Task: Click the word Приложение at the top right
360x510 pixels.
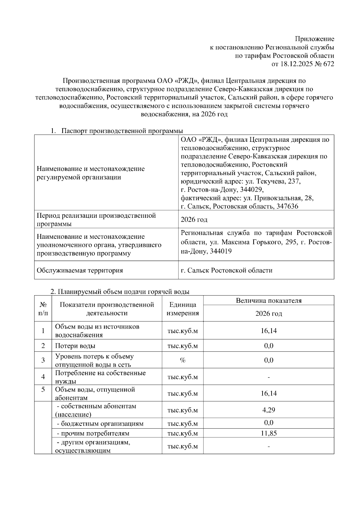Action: (x=314, y=39)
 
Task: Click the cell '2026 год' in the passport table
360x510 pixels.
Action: (x=194, y=220)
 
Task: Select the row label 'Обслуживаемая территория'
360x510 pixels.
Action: (x=80, y=270)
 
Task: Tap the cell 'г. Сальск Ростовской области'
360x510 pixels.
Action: (x=226, y=270)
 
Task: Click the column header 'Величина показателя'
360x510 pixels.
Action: (x=268, y=300)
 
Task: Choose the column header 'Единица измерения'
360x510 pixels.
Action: (x=183, y=309)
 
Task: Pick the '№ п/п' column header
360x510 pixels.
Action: (x=43, y=309)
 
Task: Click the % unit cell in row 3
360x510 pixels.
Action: (x=183, y=360)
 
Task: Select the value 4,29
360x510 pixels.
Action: (x=268, y=410)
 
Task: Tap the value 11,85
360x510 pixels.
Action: (x=268, y=433)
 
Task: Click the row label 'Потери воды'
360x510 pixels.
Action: (x=75, y=346)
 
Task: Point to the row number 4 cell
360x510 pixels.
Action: (x=43, y=377)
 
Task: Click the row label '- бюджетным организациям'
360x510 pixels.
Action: (x=100, y=424)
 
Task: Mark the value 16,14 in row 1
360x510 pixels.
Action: (x=268, y=331)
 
